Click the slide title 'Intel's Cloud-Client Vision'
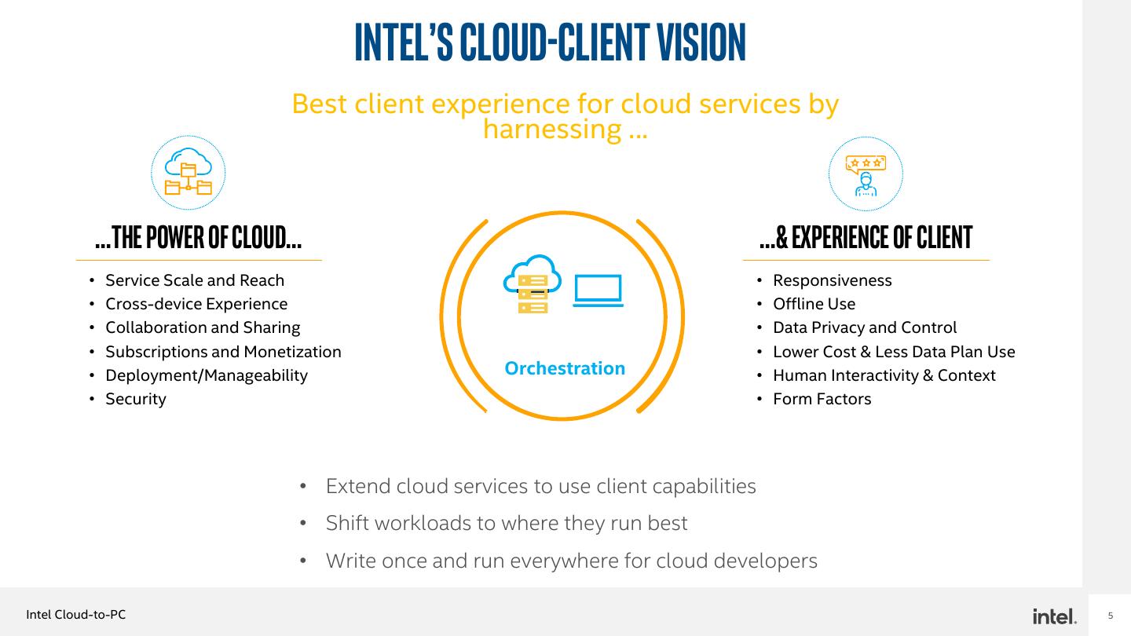click(550, 42)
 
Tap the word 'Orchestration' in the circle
click(565, 368)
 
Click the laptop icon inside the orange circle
click(598, 291)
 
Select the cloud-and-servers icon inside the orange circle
click(533, 284)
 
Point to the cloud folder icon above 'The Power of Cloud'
click(188, 173)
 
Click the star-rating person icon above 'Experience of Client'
click(866, 174)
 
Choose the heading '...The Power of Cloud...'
click(198, 237)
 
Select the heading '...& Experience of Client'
click(866, 237)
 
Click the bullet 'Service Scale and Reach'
click(195, 280)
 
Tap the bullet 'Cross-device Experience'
click(196, 304)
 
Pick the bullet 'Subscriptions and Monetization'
click(223, 352)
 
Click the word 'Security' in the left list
click(136, 399)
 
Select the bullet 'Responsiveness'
click(833, 280)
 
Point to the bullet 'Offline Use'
click(814, 304)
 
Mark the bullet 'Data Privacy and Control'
click(865, 327)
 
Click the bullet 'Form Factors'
click(822, 399)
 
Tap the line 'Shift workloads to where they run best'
click(507, 523)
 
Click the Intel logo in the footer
click(1055, 616)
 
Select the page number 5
click(1111, 616)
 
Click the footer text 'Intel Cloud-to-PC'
click(75, 615)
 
